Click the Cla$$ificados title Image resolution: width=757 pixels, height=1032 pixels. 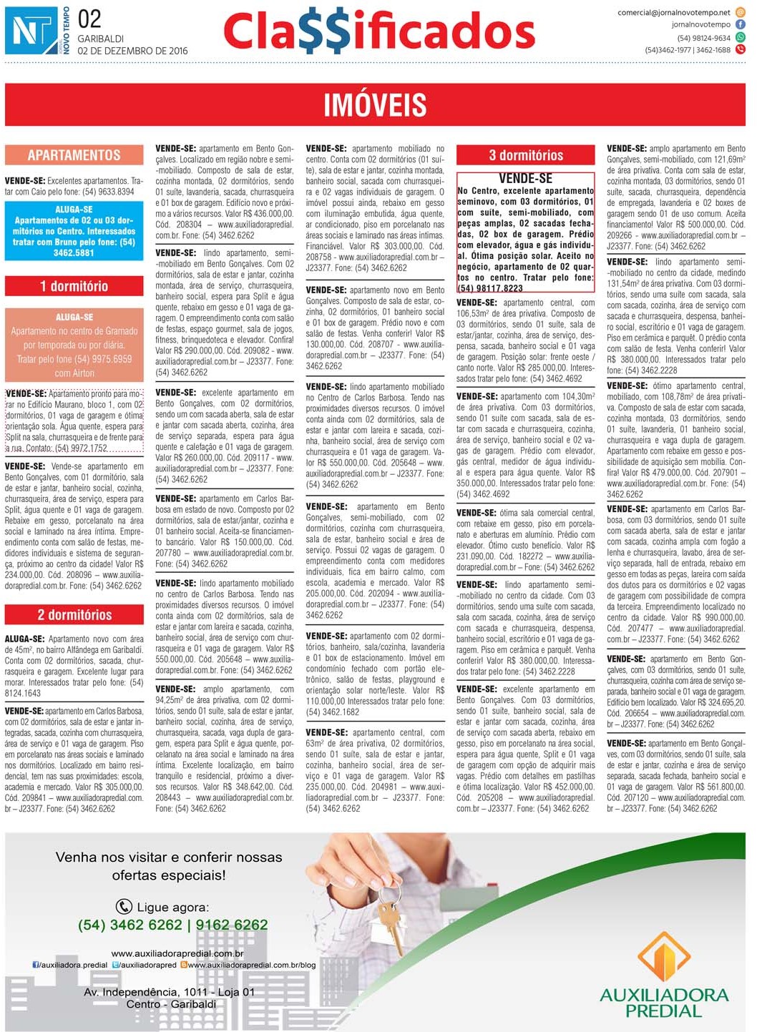[379, 32]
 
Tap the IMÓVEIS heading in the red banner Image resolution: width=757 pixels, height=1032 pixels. [375, 105]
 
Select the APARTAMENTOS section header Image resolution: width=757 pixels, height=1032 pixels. [74, 155]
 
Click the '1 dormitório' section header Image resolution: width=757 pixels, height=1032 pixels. [74, 286]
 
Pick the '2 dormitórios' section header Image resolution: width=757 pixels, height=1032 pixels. [74, 615]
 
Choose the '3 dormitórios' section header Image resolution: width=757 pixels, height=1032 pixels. [526, 155]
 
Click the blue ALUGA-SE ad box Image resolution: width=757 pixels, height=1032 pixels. [74, 231]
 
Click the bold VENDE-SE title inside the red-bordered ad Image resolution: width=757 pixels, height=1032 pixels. [525, 179]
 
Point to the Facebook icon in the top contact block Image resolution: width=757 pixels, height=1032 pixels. [741, 24]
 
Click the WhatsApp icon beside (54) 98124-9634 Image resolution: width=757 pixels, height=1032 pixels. [741, 37]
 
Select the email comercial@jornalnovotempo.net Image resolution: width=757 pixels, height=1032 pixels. [674, 12]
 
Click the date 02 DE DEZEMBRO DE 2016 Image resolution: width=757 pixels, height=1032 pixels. [132, 51]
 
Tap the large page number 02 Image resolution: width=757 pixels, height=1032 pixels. [89, 19]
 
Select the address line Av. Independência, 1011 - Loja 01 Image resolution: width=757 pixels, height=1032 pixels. [169, 992]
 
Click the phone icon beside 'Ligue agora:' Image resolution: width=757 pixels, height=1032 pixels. [124, 907]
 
